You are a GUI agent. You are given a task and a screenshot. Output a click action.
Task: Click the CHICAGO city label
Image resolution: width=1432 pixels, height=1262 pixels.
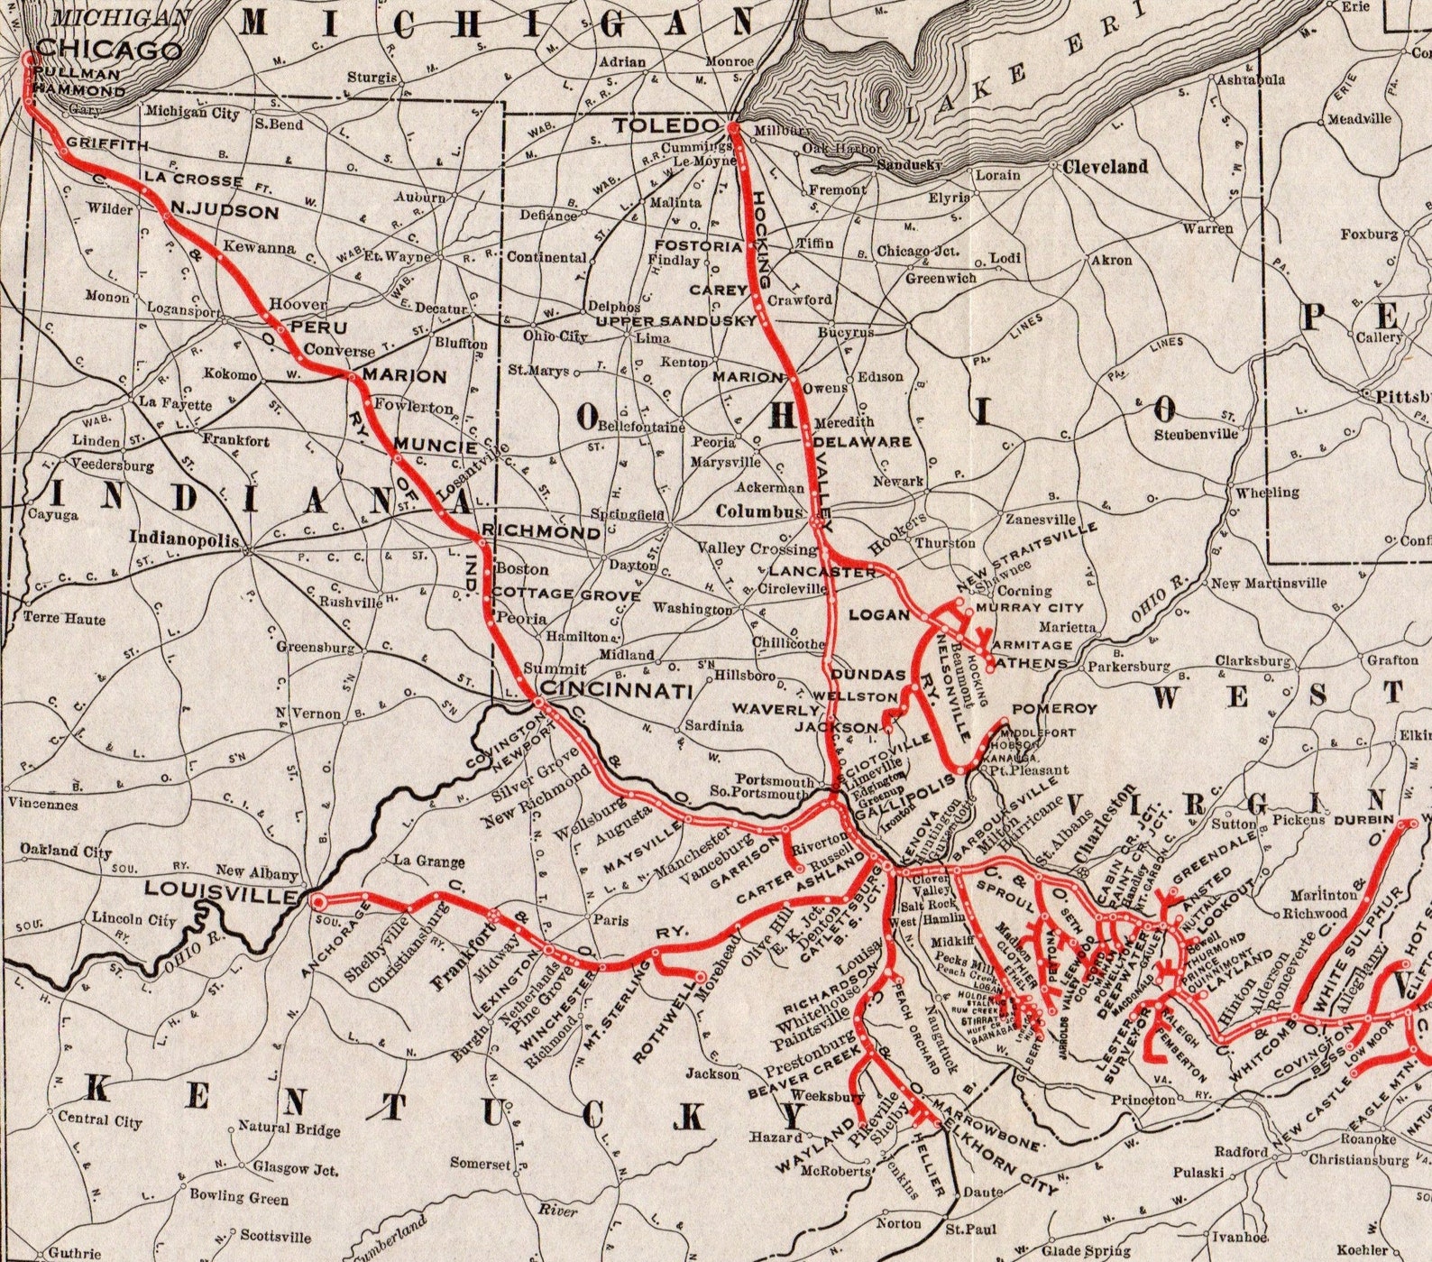pos(109,50)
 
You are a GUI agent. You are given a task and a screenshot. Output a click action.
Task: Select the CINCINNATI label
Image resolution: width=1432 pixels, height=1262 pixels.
pos(615,692)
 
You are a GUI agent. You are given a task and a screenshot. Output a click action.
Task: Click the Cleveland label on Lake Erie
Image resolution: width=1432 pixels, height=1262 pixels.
pos(1105,167)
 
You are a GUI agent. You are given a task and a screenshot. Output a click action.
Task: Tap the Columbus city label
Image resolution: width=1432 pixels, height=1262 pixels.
pos(758,511)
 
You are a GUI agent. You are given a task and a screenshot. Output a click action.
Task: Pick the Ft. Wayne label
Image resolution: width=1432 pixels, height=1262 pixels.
pos(398,256)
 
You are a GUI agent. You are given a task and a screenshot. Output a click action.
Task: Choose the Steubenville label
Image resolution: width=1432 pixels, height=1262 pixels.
pos(1197,434)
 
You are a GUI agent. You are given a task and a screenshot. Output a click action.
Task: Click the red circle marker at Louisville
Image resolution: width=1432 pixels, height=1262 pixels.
pos(317,900)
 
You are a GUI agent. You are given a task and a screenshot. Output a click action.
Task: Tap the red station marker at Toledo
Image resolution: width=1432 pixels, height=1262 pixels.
pos(734,129)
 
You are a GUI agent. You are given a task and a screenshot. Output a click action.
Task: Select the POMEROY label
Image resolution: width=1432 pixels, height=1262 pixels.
pos(1054,709)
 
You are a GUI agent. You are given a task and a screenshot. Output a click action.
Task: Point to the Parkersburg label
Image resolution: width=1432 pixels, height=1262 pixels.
pos(1128,668)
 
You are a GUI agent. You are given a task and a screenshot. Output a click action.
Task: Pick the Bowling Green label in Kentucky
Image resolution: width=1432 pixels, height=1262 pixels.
pos(239,1197)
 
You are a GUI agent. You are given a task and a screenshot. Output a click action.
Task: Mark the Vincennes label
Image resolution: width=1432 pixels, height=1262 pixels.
pos(43,805)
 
